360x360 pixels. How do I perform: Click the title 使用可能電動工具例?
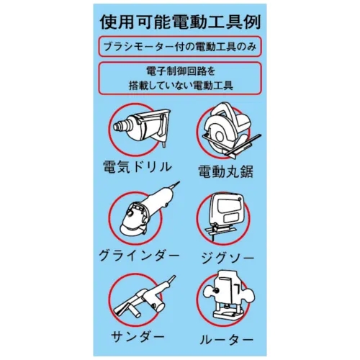tap(180, 22)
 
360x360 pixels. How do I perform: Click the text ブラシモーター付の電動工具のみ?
tap(180, 46)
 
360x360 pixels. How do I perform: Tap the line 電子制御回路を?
tap(180, 71)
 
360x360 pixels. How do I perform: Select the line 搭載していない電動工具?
tap(181, 85)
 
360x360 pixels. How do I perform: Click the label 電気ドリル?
tap(138, 166)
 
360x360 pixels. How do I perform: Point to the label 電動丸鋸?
tap(225, 171)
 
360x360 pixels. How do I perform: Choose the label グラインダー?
tap(139, 256)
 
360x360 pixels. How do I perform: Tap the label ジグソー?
tap(227, 258)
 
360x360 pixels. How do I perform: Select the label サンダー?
tap(138, 336)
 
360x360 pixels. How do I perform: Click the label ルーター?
tap(227, 340)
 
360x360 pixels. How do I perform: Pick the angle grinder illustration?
tap(147, 210)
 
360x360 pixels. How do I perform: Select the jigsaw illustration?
tap(225, 217)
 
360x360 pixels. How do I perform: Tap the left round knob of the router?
tap(210, 291)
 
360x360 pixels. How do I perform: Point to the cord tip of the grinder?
tap(179, 182)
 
